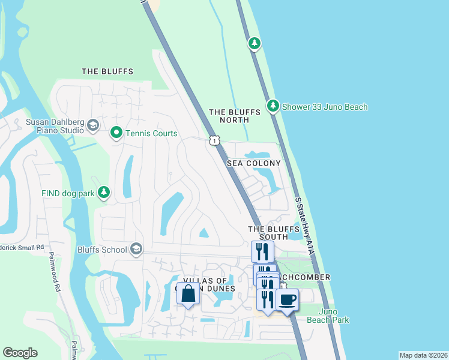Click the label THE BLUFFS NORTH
[234, 116]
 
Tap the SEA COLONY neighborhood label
[253, 163]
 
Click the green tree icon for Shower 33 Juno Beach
[273, 106]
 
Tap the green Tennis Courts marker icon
[116, 133]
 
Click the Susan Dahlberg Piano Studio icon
[92, 125]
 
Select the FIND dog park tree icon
[104, 192]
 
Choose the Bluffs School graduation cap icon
[136, 249]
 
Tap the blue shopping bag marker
[188, 294]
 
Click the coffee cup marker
[288, 299]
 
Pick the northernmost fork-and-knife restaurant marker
[262, 250]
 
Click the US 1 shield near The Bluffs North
[214, 140]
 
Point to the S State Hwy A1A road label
[305, 227]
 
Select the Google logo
[20, 352]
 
